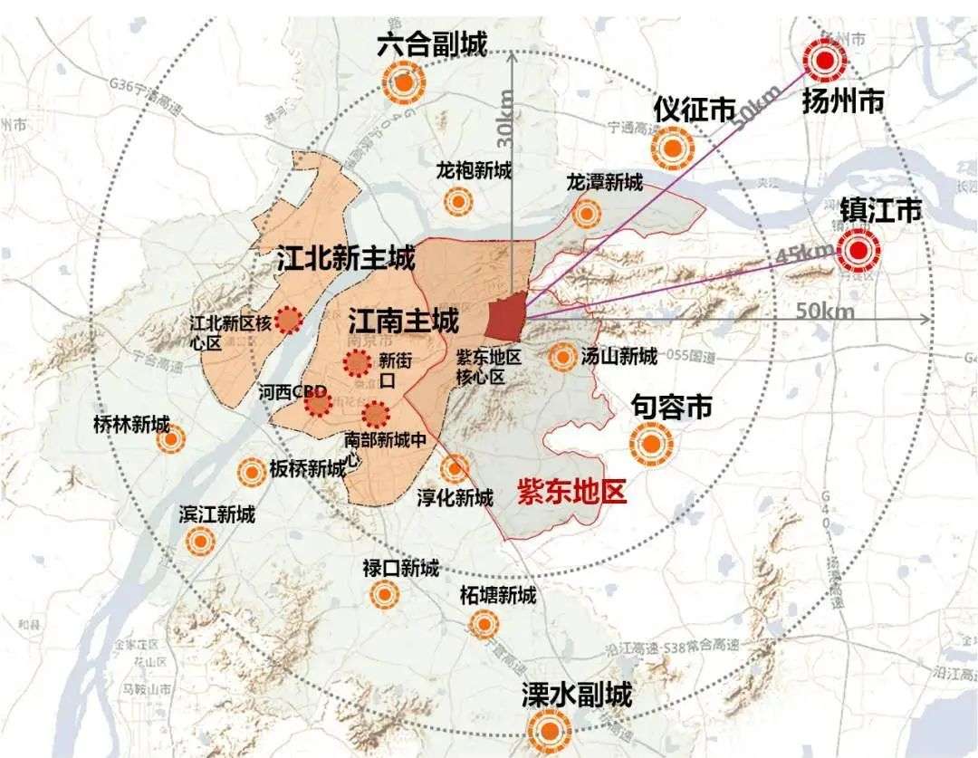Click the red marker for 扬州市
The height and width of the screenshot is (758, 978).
point(825,61)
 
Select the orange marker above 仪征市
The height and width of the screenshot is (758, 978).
point(673,148)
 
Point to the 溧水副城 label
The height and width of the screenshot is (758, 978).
point(577,695)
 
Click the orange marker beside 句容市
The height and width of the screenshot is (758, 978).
point(651,444)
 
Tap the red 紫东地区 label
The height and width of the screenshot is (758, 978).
point(571,493)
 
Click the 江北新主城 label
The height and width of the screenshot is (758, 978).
point(347,261)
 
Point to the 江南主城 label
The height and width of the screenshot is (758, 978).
point(403,320)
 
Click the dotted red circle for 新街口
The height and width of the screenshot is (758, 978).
point(358,363)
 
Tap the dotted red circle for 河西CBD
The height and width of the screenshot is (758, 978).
point(318,403)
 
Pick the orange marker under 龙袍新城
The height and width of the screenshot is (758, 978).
point(461,201)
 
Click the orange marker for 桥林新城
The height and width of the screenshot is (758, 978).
point(169,440)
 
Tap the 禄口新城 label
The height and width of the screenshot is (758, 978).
point(400,569)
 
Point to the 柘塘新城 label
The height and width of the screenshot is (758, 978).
point(497,596)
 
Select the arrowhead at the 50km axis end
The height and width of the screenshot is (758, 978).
point(926,319)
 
